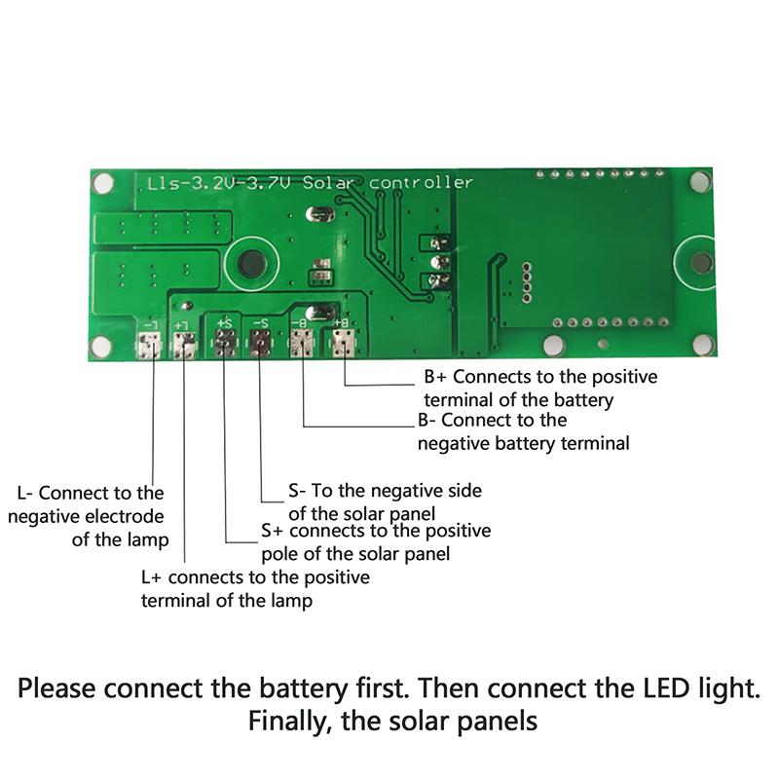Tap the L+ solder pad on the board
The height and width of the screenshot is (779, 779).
point(184,345)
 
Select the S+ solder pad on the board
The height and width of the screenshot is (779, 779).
point(225,344)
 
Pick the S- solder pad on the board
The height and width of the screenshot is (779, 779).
point(260,344)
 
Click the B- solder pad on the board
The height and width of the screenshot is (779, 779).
point(302,343)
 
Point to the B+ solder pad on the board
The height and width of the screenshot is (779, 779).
point(343,343)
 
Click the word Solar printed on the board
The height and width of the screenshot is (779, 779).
point(330,182)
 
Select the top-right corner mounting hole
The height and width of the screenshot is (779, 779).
point(698,182)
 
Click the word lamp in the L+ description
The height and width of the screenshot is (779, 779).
point(292,600)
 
